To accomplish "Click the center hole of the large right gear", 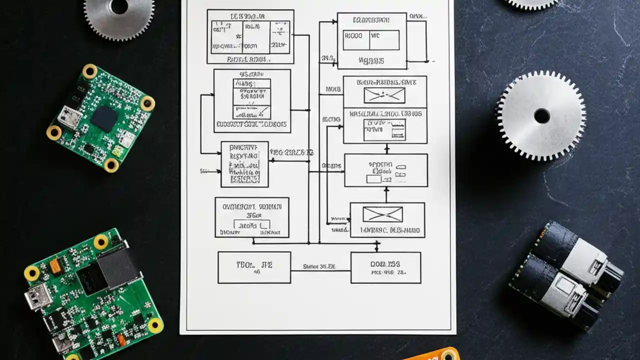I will pos(542,116).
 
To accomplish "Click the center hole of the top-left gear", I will pos(119,6).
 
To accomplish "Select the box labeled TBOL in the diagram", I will pos(254,267).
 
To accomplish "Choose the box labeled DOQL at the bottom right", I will pos(385,267).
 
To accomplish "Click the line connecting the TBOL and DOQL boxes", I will pos(320,270).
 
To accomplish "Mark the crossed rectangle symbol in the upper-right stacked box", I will pos(384,95).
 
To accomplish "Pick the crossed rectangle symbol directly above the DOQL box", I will pos(382,214).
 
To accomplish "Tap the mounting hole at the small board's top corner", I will pos(90,71).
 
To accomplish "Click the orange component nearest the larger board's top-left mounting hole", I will pos(55,265).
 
